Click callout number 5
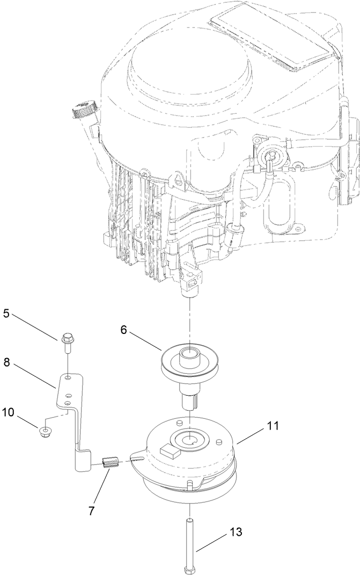7,312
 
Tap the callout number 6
124,330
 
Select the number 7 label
92,511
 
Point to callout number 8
7,362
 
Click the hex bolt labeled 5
67,341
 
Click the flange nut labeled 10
45,430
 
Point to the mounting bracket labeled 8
72,408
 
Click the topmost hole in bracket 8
68,379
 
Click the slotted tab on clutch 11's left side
136,457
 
